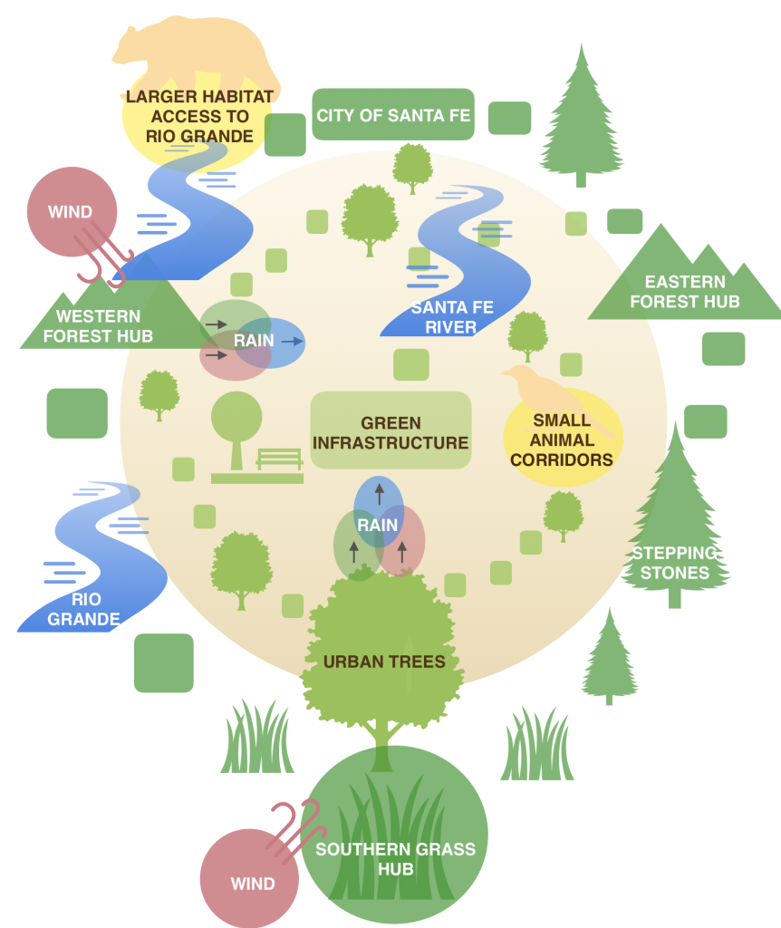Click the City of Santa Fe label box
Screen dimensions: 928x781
393,115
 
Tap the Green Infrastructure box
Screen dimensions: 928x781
390,432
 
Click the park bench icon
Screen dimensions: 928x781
279,459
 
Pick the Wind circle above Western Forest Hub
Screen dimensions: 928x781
72,212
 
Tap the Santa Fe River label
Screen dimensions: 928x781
451,317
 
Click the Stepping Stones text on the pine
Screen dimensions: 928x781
672,563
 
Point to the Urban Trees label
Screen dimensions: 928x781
384,662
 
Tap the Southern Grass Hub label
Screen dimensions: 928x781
395,859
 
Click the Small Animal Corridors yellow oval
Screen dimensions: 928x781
563,440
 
